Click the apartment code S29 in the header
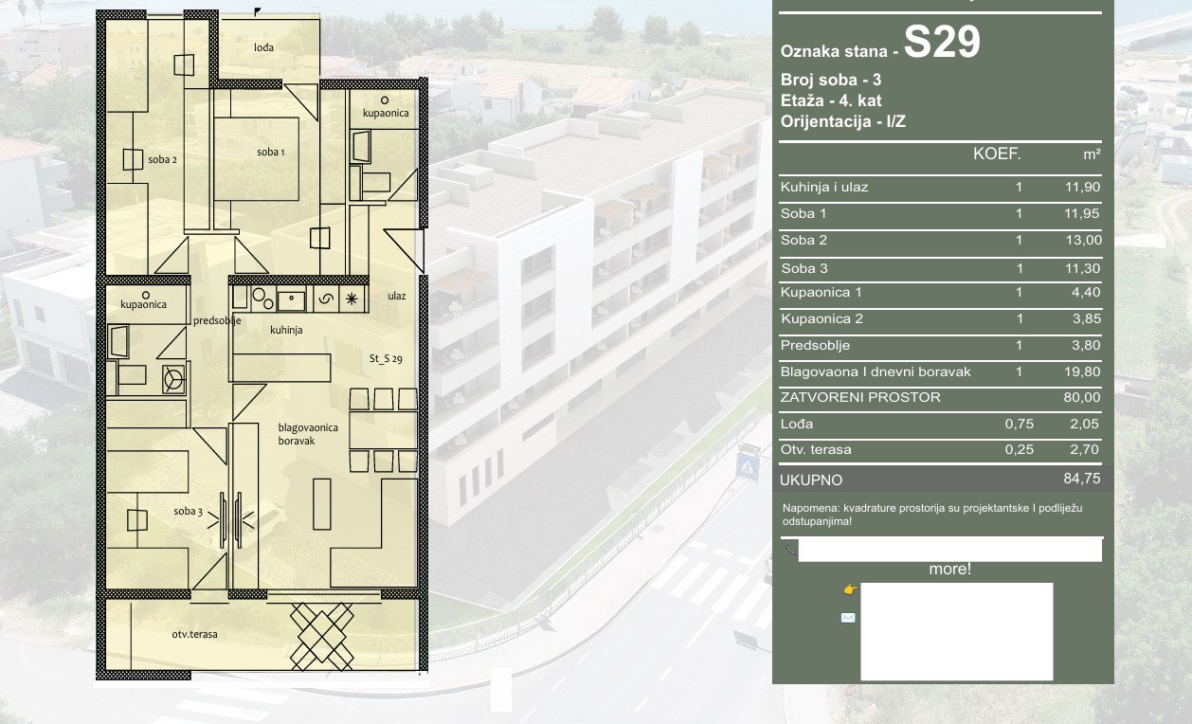point(942,42)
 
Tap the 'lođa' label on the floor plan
point(264,47)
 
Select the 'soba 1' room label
point(270,153)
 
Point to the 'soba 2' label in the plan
point(162,159)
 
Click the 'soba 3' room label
point(188,511)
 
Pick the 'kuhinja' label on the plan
point(286,330)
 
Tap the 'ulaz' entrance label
point(396,296)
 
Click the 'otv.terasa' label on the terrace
point(194,634)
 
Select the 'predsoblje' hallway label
point(217,320)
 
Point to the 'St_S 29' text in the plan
point(386,358)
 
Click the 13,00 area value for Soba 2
point(1083,240)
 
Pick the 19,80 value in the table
point(1082,371)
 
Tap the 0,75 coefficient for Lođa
point(1019,424)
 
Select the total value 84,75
point(1082,479)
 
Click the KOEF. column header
point(997,154)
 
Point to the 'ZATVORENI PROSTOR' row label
point(860,397)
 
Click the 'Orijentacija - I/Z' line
point(843,121)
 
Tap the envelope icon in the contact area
point(848,618)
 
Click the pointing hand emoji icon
point(850,588)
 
